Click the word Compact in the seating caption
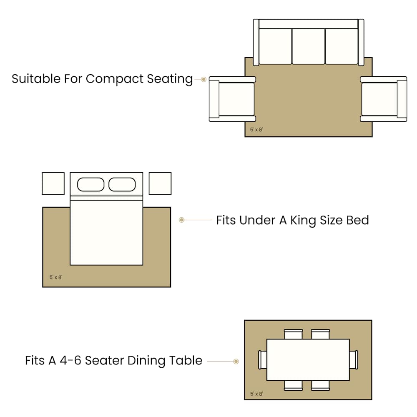[115, 79]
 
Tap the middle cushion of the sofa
[309, 46]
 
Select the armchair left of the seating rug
[232, 99]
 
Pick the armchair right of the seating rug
[384, 99]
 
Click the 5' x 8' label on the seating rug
[256, 130]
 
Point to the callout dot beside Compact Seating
[204, 79]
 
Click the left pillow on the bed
[90, 185]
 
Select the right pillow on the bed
[122, 185]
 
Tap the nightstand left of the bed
[53, 183]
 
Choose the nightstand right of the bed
[160, 183]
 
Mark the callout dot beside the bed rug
[182, 220]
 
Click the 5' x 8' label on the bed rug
[56, 277]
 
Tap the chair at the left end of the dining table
[262, 360]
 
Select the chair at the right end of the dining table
[354, 360]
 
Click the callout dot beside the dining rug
[236, 362]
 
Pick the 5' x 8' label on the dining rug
[256, 394]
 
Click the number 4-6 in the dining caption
[70, 361]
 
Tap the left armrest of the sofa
[256, 42]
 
